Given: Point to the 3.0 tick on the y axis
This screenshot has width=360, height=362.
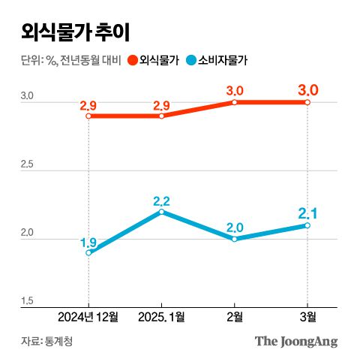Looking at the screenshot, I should tap(26, 96).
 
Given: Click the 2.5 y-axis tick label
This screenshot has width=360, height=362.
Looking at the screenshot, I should tap(26, 164).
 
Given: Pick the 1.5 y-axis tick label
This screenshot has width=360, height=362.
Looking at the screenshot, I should tap(26, 301).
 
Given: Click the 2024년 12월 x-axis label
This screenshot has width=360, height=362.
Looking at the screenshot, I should tap(88, 318).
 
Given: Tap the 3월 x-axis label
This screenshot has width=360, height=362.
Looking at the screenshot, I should tap(307, 318).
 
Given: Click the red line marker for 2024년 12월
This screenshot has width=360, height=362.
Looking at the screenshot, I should tap(88, 116).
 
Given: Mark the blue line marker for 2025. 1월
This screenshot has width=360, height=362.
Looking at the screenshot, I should tap(161, 212).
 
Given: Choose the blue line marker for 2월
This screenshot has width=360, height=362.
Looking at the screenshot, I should tap(235, 239).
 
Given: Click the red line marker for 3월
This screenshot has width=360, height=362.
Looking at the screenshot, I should tap(307, 102).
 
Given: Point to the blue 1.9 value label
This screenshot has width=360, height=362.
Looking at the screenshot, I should tap(88, 242).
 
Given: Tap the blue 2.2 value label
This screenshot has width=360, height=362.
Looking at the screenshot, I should tap(161, 201).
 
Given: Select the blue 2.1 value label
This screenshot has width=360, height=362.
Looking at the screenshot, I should tap(308, 213).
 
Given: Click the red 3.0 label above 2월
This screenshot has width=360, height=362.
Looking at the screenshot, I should tap(235, 91).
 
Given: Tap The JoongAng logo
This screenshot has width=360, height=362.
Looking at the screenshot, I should tap(295, 342).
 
